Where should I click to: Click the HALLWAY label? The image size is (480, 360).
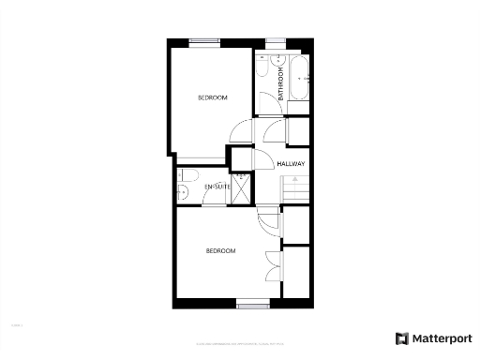pyautogui.click(x=292, y=164)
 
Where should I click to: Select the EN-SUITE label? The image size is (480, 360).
pyautogui.click(x=217, y=187)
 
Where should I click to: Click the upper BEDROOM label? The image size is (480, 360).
pyautogui.click(x=212, y=97)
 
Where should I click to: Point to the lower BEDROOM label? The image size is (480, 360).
pyautogui.click(x=220, y=251)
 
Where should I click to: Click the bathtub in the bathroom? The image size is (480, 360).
pyautogui.click(x=300, y=81)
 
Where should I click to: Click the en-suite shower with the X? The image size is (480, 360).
pyautogui.click(x=242, y=188)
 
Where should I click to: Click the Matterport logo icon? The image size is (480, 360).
pyautogui.click(x=401, y=338)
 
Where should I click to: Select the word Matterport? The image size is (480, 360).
pyautogui.click(x=440, y=338)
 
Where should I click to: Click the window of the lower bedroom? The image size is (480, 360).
pyautogui.click(x=252, y=304)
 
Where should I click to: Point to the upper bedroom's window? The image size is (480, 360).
pyautogui.click(x=203, y=41)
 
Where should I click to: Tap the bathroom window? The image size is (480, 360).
pyautogui.click(x=277, y=41)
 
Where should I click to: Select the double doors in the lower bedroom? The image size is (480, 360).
pyautogui.click(x=272, y=264)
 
